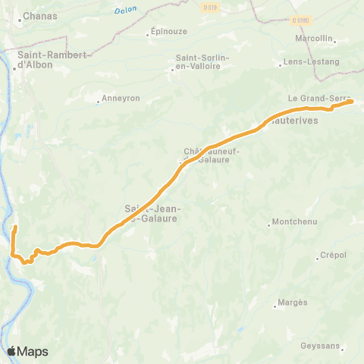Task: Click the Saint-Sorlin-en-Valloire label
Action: click(198, 61)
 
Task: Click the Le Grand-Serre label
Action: click(310, 99)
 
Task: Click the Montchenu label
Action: click(296, 223)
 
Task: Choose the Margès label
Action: click(293, 303)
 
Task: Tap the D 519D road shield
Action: click(301, 20)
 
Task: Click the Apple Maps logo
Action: click(27, 352)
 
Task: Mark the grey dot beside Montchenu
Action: click(270, 224)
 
